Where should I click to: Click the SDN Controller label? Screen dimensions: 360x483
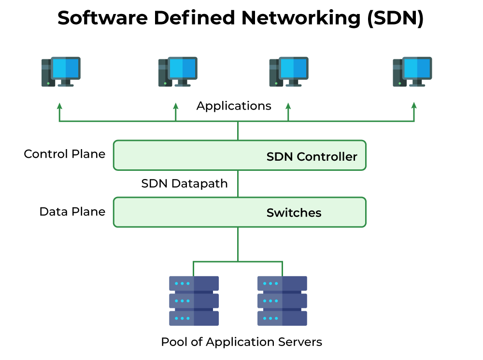pyautogui.click(x=312, y=157)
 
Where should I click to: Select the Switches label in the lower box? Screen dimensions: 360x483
pyautogui.click(x=294, y=213)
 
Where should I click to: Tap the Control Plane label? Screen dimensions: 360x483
pyautogui.click(x=64, y=154)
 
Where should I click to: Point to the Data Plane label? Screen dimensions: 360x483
pyautogui.click(x=72, y=212)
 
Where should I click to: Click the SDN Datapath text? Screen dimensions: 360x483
pyautogui.click(x=184, y=184)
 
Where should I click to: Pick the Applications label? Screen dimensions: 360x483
pyautogui.click(x=234, y=106)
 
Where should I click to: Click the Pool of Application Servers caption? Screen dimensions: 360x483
pyautogui.click(x=241, y=342)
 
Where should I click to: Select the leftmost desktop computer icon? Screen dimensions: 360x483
pyautogui.click(x=61, y=72)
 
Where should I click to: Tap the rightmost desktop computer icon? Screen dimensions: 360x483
pyautogui.click(x=412, y=72)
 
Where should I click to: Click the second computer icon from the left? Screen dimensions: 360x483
pyautogui.click(x=178, y=72)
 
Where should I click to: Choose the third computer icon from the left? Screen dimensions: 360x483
pyautogui.click(x=289, y=72)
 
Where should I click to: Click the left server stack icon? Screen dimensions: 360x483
pyautogui.click(x=194, y=301)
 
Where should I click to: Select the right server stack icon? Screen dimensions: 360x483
pyautogui.click(x=282, y=301)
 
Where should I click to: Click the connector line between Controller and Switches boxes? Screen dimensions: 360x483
pyautogui.click(x=238, y=184)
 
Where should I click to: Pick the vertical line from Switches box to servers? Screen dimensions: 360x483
pyautogui.click(x=238, y=244)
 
